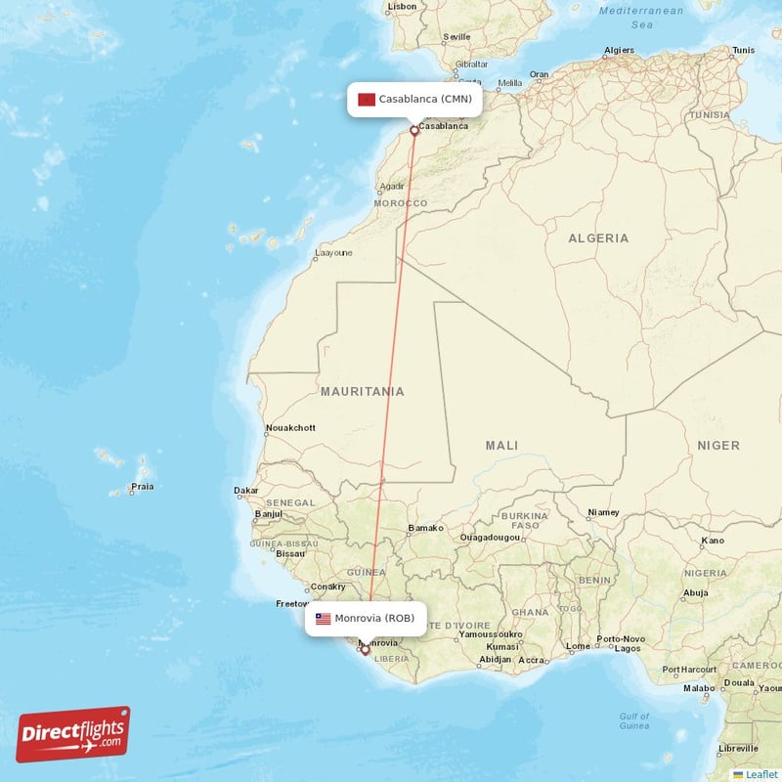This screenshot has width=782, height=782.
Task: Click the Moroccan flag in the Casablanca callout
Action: click(368, 99)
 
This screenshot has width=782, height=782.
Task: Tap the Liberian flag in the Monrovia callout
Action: click(323, 619)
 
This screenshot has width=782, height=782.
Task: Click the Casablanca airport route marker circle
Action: click(414, 130)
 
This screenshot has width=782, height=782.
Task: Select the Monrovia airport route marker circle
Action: click(365, 649)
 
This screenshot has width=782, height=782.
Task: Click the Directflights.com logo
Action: click(73, 734)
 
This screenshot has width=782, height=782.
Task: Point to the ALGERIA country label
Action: click(598, 239)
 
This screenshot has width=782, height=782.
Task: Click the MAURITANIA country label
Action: click(362, 392)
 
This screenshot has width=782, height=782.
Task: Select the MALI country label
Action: click(501, 446)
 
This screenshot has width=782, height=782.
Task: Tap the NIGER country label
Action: click(718, 446)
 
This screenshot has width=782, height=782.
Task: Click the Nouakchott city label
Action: click(290, 428)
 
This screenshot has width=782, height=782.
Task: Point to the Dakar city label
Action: click(246, 491)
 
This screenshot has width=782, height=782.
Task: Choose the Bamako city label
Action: click(425, 528)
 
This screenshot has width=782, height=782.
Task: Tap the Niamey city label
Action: click(603, 512)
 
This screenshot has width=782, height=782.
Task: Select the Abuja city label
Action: click(695, 592)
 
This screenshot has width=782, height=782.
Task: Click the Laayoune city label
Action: click(332, 253)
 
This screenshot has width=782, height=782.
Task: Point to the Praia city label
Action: click(143, 487)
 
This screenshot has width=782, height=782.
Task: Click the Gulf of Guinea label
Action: click(634, 721)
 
